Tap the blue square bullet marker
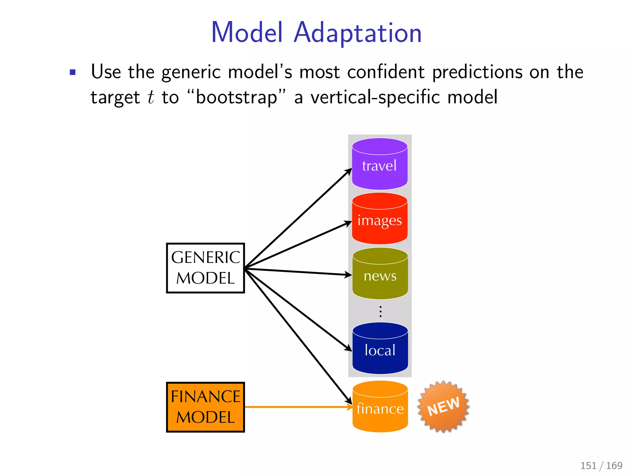click(x=73, y=72)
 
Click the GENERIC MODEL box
click(x=205, y=268)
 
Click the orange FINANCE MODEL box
click(x=205, y=407)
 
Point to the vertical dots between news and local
click(x=380, y=311)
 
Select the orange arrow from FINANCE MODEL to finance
click(x=297, y=407)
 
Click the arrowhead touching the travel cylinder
click(x=349, y=171)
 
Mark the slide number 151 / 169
click(x=601, y=465)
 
